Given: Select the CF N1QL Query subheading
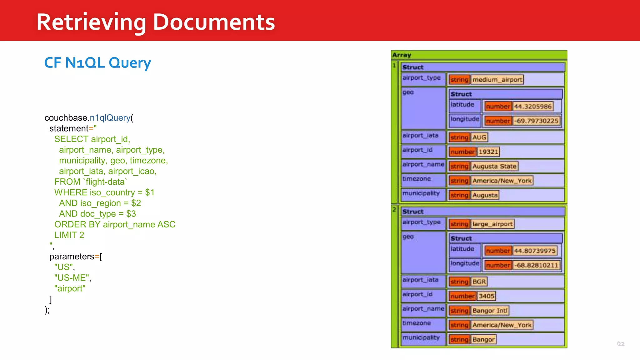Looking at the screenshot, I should click(97, 63).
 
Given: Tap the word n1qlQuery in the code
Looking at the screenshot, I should click(110, 118).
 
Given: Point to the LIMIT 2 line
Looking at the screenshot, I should click(69, 235).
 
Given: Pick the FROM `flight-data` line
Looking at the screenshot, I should click(91, 182).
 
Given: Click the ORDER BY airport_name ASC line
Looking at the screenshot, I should click(115, 224).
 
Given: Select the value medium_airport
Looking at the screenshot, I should click(497, 80).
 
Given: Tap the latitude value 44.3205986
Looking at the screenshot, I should click(532, 106).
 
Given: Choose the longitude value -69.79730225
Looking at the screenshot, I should click(536, 121).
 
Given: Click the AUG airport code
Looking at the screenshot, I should click(479, 137).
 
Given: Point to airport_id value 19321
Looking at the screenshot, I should click(488, 152).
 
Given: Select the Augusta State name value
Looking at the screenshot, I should click(494, 166).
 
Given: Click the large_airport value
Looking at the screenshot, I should click(492, 224).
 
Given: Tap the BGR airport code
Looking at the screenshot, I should click(479, 282).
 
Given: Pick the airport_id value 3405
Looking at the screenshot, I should click(486, 296).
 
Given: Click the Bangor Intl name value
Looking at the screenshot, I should click(490, 311).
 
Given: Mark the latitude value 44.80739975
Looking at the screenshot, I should click(535, 251).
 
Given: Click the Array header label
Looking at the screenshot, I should click(402, 55).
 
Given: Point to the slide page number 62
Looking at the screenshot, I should click(621, 344).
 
